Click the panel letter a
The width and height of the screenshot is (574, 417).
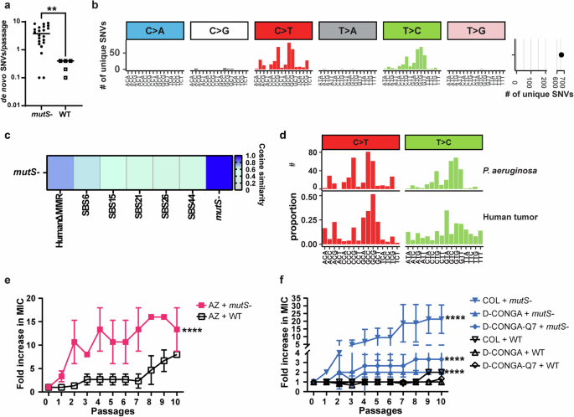5,6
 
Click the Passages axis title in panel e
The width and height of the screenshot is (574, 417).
131,412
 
